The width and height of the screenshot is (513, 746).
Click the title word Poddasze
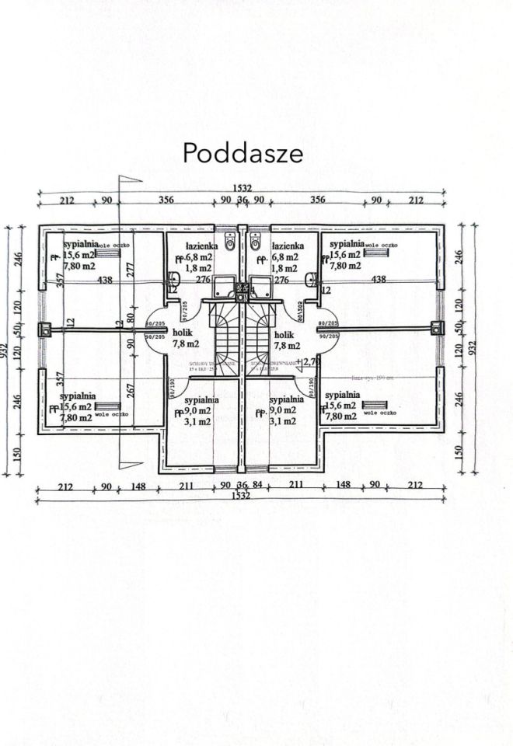(243, 153)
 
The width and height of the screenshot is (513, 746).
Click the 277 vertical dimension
(131, 269)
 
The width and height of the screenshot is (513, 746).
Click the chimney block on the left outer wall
(47, 329)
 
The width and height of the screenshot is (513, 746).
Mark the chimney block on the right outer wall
(433, 329)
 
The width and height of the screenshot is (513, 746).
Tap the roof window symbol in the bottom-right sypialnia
(379, 405)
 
